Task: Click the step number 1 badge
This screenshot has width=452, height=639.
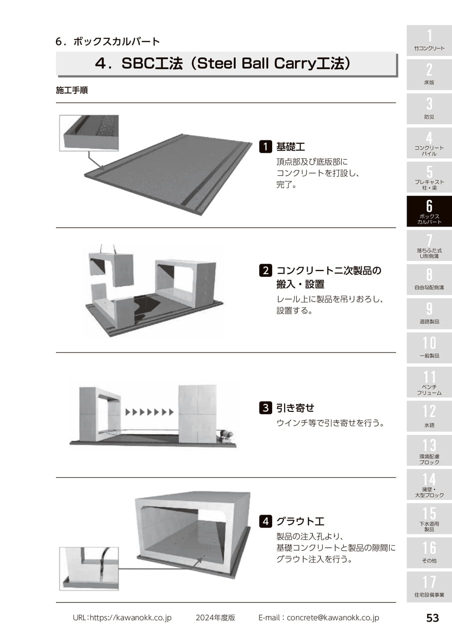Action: [x=265, y=147]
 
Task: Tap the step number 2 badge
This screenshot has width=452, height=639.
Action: [x=265, y=270]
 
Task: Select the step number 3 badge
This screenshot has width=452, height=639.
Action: [x=265, y=408]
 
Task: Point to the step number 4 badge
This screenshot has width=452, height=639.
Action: [x=265, y=522]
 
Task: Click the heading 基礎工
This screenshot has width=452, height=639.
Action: [x=291, y=147]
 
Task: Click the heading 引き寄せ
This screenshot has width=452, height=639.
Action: [x=295, y=408]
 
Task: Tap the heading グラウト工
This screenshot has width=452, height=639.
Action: [x=300, y=522]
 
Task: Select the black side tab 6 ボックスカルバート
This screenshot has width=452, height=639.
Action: [x=429, y=211]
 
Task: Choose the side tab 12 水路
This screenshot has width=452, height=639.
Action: [x=429, y=416]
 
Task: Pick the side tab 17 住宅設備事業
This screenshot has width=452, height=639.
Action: [x=429, y=587]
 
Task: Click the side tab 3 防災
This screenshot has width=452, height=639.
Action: [x=429, y=109]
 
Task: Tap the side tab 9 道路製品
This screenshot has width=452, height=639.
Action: [x=429, y=314]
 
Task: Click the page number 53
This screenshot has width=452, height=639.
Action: [x=433, y=618]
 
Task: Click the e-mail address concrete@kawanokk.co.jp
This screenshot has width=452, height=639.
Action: [x=333, y=618]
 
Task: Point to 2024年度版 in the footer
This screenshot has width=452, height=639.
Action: [x=215, y=618]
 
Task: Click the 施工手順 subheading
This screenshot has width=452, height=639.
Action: [x=72, y=90]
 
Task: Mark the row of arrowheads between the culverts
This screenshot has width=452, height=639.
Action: [x=149, y=412]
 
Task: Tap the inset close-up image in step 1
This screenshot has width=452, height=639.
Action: [x=89, y=133]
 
